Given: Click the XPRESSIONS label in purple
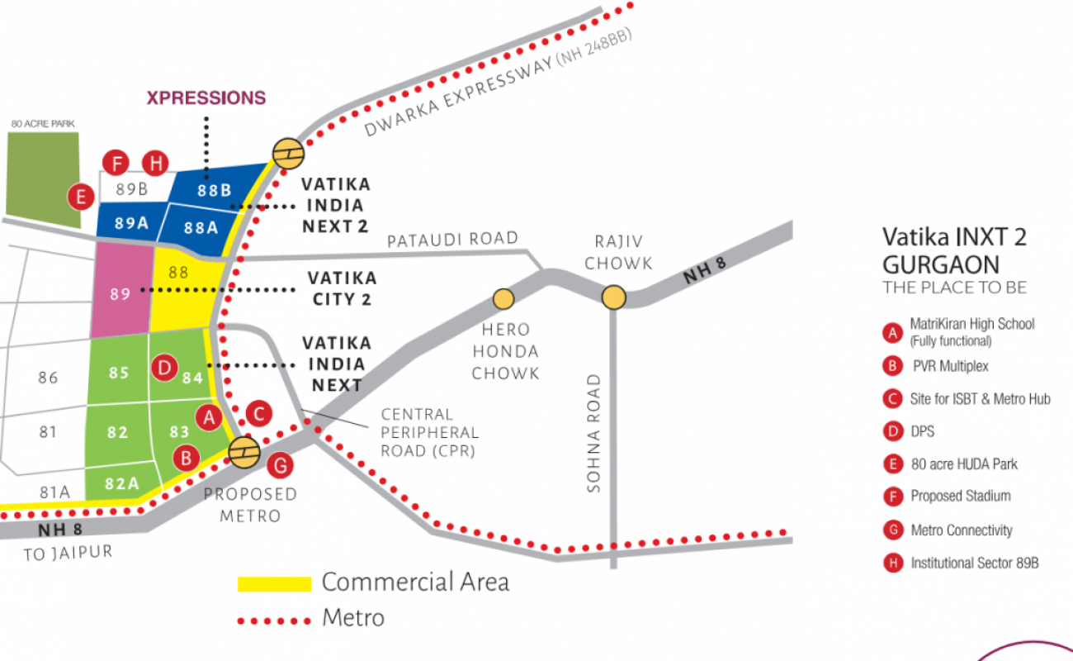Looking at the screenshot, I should pyautogui.click(x=206, y=97).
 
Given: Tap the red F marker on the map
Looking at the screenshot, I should pyautogui.click(x=116, y=163).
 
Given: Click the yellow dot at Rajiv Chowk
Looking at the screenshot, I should pyautogui.click(x=613, y=297).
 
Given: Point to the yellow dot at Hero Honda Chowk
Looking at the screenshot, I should pyautogui.click(x=503, y=297).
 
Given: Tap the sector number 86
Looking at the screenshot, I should pyautogui.click(x=48, y=378).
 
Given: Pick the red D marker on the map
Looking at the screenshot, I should pyautogui.click(x=165, y=369).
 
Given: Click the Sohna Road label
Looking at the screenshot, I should pyautogui.click(x=593, y=434).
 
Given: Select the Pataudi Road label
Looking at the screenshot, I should pyautogui.click(x=452, y=240).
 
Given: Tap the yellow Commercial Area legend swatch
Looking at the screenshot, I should pyautogui.click(x=274, y=584).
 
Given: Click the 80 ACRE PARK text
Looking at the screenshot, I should pyautogui.click(x=43, y=124).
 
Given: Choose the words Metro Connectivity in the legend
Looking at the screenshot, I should pyautogui.click(x=961, y=530).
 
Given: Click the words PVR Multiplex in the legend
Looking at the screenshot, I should pyautogui.click(x=950, y=366).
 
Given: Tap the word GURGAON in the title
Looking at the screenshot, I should pyautogui.click(x=940, y=265).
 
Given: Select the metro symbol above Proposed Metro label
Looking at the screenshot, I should pyautogui.click(x=244, y=452).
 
